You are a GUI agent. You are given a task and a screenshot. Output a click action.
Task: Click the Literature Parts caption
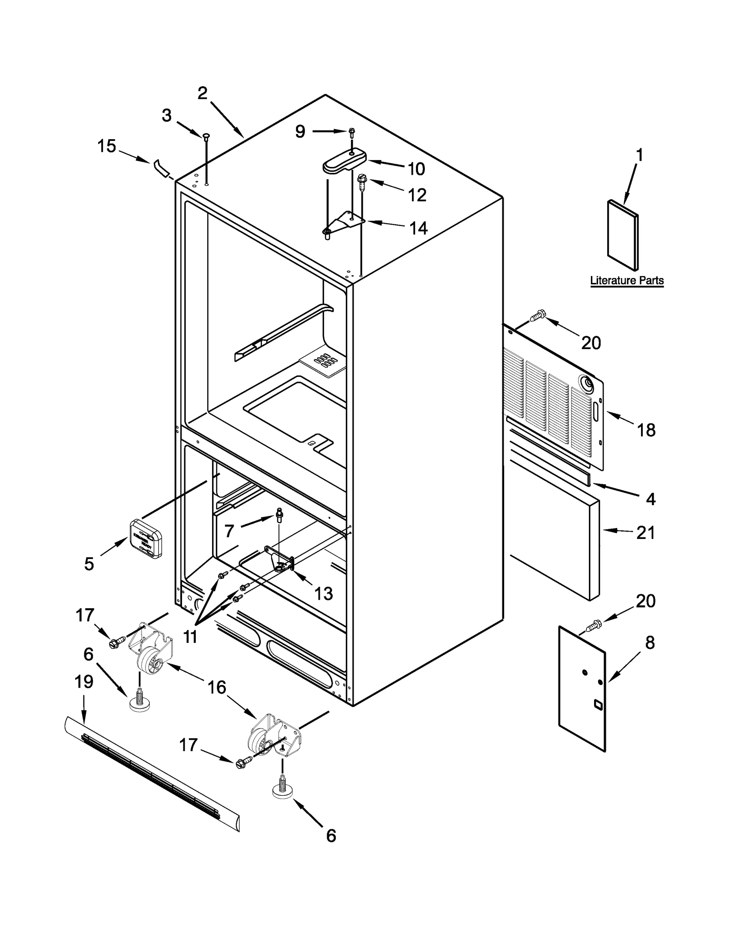coord(626,280)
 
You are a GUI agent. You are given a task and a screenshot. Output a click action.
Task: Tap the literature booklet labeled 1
coord(623,235)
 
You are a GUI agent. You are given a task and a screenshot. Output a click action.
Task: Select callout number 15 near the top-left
coord(107,146)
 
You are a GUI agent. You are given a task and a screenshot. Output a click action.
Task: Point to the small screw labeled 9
coord(352,132)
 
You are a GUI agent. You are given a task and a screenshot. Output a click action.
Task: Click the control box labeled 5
coord(146,539)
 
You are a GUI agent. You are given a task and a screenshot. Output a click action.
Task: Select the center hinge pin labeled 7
coord(279,515)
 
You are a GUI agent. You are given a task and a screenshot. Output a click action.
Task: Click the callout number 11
coord(190,636)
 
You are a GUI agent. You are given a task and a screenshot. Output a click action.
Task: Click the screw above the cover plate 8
coord(594,626)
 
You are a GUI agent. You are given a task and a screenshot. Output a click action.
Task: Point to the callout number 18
coord(646,430)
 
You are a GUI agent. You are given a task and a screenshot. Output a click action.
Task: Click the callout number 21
coord(646,533)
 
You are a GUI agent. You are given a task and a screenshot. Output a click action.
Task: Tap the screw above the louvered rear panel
coord(538,315)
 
